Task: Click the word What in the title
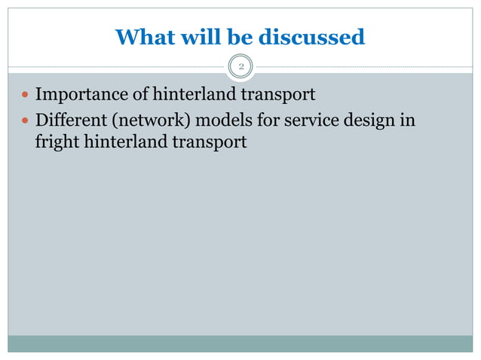coord(142,36)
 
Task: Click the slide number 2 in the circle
coord(241,68)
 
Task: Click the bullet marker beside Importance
coord(26,96)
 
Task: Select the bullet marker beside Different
coord(26,121)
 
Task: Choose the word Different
coord(70,120)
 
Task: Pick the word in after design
coord(408,120)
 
